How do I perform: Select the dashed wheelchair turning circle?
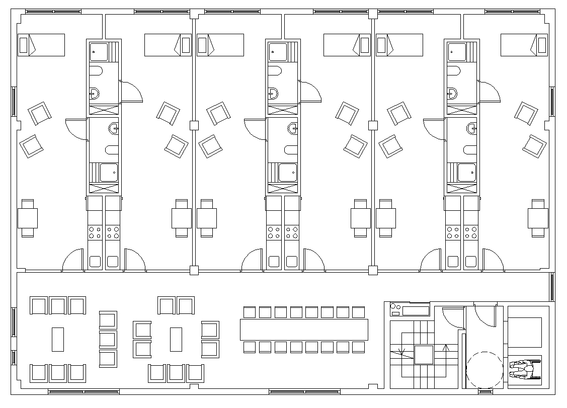click(484, 369)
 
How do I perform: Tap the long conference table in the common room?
click(303, 330)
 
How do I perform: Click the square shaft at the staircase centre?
click(424, 355)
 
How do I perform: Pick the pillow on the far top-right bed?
click(542, 45)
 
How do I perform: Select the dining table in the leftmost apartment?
click(28, 218)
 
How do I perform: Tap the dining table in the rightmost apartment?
click(538, 218)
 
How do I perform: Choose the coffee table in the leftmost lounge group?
click(58, 339)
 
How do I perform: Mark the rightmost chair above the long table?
click(358, 312)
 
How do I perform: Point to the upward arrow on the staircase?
click(445, 352)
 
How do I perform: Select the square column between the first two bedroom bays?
click(194, 125)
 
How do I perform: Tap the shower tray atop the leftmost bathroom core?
click(99, 51)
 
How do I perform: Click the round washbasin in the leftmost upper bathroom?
click(94, 93)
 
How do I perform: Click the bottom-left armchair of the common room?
click(39, 373)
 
